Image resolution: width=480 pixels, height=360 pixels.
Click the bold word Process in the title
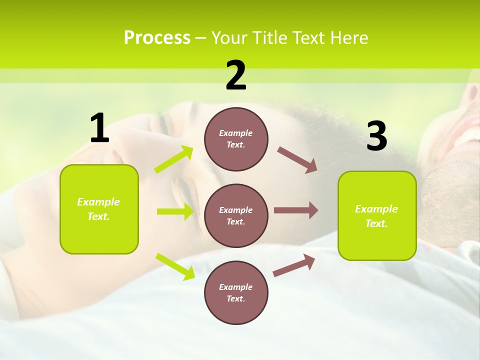tap(157, 38)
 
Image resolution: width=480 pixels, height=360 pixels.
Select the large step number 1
tap(99, 128)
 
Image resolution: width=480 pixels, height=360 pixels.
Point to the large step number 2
tap(236, 75)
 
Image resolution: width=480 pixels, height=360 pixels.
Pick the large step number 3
tap(376, 136)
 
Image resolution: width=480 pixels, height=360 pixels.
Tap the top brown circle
tap(236, 139)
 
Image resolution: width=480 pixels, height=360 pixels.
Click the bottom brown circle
tap(236, 292)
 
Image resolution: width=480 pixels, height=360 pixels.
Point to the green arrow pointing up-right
tap(174, 159)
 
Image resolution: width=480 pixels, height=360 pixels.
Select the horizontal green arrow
tap(175, 211)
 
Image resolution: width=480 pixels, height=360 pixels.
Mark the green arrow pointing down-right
tap(175, 266)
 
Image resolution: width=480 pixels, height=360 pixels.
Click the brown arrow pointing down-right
tap(297, 159)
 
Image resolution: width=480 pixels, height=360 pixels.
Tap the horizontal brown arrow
tap(296, 210)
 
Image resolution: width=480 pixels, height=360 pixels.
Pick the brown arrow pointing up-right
tap(294, 265)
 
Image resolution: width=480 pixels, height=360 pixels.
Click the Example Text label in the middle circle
tap(236, 216)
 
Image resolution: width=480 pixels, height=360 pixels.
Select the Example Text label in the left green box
tap(98, 209)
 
